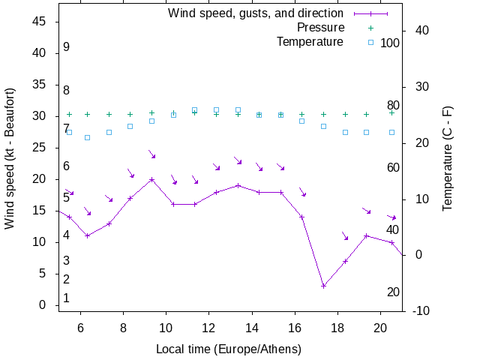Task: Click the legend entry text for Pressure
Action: tap(320, 28)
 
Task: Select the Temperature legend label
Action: tap(310, 42)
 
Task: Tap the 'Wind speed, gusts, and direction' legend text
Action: tap(256, 13)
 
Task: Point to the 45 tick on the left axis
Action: tap(41, 22)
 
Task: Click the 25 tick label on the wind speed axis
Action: tap(41, 148)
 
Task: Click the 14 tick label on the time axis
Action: tap(252, 327)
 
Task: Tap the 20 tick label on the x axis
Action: tap(380, 327)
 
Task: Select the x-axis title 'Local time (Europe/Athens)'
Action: tap(229, 349)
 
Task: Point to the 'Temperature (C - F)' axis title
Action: tap(448, 158)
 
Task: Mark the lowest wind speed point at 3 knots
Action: tap(323, 286)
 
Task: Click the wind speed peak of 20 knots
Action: tap(151, 179)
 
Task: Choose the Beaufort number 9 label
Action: tap(67, 47)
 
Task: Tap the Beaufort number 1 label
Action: tap(67, 298)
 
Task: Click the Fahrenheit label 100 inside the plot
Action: tap(390, 43)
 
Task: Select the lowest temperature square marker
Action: tap(87, 138)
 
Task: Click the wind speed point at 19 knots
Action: tap(238, 185)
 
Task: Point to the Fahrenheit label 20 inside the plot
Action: tap(393, 292)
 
